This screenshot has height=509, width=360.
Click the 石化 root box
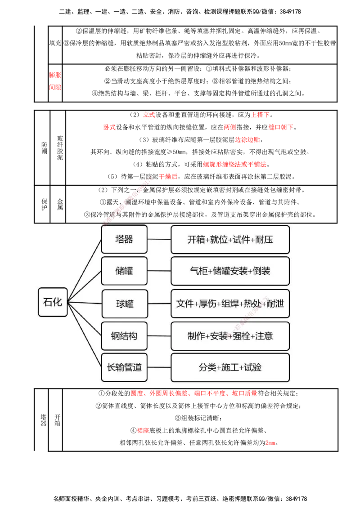click(x=53, y=302)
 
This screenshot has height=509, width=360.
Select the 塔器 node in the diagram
click(x=124, y=239)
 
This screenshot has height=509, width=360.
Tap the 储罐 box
click(x=124, y=271)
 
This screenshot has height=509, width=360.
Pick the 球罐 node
click(x=125, y=304)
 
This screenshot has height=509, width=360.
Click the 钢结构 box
click(x=124, y=335)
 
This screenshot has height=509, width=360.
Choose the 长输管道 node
click(x=124, y=367)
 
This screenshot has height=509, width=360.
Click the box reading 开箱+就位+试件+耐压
click(x=230, y=240)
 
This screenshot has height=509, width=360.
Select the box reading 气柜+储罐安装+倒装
click(x=230, y=271)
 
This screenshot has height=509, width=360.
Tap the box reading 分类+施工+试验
click(x=230, y=367)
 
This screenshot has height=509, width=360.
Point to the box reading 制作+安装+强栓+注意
click(x=230, y=336)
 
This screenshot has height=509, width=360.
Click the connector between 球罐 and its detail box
click(x=160, y=304)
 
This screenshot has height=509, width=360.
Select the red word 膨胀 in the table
click(x=55, y=75)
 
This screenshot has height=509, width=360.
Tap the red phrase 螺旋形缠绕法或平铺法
click(x=234, y=164)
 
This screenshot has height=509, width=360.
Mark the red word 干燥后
click(x=168, y=177)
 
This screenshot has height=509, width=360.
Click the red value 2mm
click(x=270, y=443)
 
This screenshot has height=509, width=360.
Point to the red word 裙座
click(x=143, y=430)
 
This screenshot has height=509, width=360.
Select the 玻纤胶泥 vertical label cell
click(x=58, y=147)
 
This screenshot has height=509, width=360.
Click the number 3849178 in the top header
click(x=290, y=12)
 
